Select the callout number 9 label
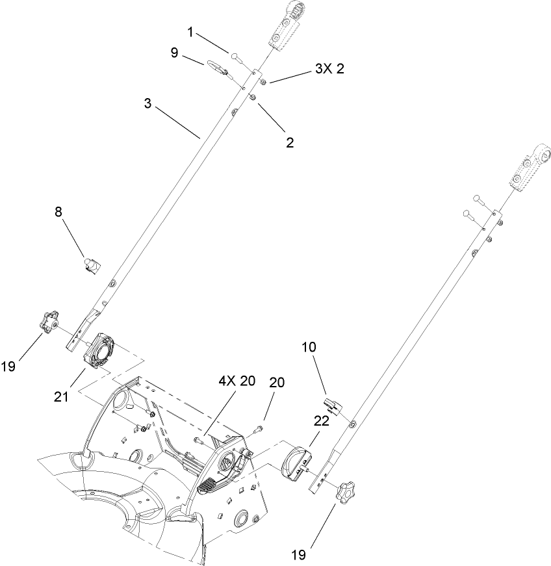(x=175, y=53)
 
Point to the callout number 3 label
(x=149, y=103)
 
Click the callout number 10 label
(x=309, y=348)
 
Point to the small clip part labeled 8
(x=92, y=265)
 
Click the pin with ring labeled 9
(x=218, y=68)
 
